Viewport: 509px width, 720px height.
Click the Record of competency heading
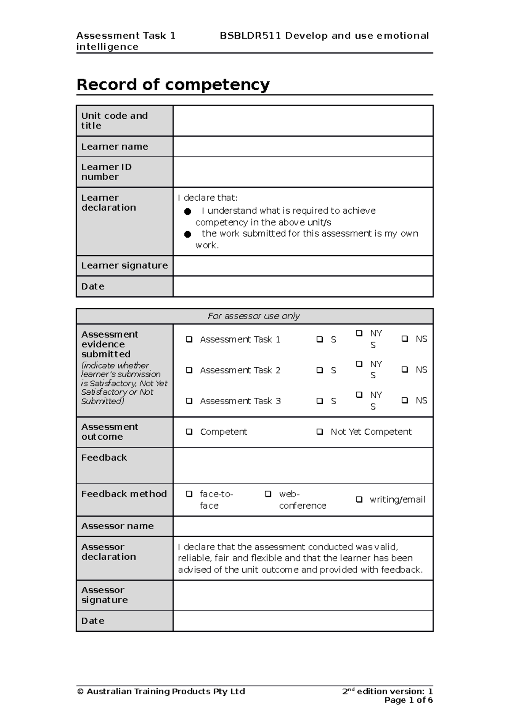[x=173, y=84]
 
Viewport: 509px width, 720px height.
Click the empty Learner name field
[x=303, y=147]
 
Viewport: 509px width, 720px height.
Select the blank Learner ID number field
[x=303, y=172]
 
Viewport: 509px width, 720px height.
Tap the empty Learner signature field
[x=303, y=266]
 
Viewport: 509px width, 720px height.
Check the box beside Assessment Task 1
[x=189, y=339]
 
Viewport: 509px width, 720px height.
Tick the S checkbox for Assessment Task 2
[x=320, y=370]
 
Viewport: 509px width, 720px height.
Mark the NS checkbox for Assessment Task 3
[x=405, y=400]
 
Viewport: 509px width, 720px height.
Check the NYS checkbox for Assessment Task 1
[x=359, y=333]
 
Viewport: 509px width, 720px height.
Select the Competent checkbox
[x=189, y=432]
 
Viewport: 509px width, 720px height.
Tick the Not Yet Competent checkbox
[x=320, y=432]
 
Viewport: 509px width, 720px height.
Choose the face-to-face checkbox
[x=189, y=494]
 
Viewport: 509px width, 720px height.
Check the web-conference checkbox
[x=268, y=494]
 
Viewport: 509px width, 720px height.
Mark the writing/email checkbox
[x=359, y=500]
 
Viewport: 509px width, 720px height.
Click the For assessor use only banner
[x=254, y=316]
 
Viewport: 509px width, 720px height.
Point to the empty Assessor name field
[x=303, y=526]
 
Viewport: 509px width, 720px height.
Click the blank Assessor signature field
[x=303, y=595]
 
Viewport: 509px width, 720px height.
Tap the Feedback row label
[x=104, y=458]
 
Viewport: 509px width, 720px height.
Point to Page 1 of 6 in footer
[x=408, y=700]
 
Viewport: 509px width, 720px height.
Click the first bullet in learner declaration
[x=187, y=211]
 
